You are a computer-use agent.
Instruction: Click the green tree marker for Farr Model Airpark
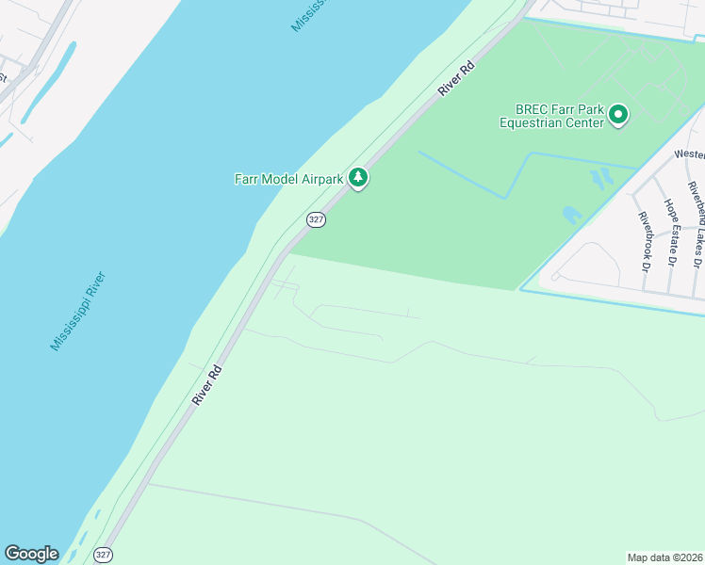357,177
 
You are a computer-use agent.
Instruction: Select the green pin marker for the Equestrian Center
618,115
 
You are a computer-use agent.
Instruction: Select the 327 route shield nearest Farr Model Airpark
316,219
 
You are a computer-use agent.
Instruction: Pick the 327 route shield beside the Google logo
104,555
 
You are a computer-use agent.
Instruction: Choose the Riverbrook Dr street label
646,242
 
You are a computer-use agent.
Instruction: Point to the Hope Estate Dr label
671,232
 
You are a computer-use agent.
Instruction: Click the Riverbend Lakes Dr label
696,217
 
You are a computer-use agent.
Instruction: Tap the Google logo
31,554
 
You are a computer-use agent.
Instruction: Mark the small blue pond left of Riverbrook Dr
572,215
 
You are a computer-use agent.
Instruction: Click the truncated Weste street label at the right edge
689,153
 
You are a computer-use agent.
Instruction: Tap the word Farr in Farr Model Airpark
245,179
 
